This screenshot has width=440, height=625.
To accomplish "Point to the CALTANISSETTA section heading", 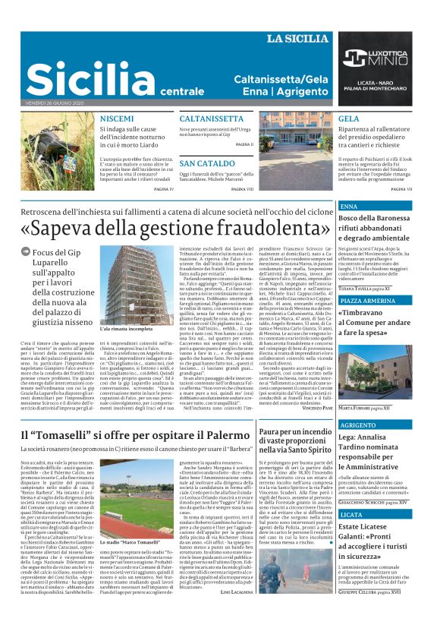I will click(211, 119).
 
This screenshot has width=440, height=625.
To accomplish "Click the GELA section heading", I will click(349, 119).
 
